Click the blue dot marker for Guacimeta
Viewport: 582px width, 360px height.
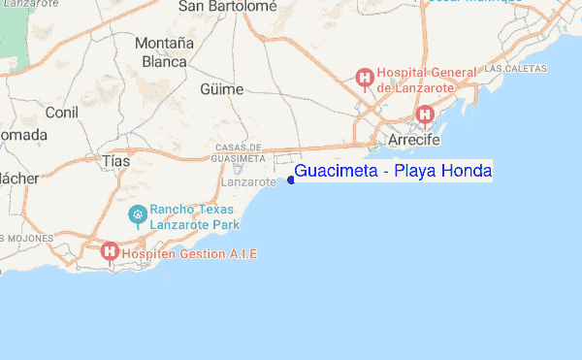point(291,179)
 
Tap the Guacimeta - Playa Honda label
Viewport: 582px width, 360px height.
point(393,172)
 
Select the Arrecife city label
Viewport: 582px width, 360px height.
point(414,141)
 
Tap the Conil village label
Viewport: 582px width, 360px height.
point(62,113)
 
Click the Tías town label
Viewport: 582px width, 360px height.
point(114,160)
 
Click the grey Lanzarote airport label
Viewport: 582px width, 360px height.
point(248,181)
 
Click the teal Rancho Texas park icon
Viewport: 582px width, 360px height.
point(138,213)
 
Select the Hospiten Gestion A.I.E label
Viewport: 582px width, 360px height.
point(190,253)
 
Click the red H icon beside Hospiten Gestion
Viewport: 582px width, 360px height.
point(110,251)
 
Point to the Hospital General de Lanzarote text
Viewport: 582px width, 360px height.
point(428,79)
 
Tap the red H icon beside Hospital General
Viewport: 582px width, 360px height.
point(365,77)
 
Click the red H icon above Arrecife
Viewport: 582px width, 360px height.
point(424,115)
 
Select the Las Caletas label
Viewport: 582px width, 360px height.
point(515,69)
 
